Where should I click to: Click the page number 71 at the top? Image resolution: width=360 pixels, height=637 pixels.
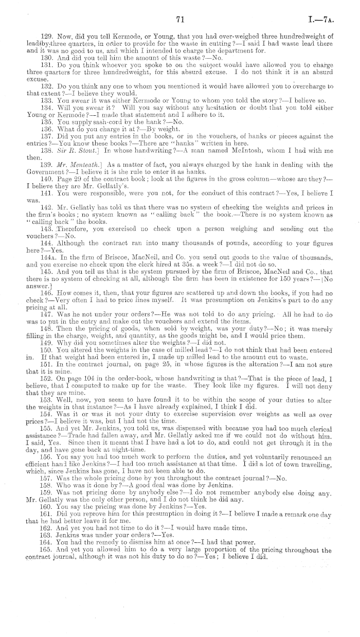pyautogui.click(x=180, y=20)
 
